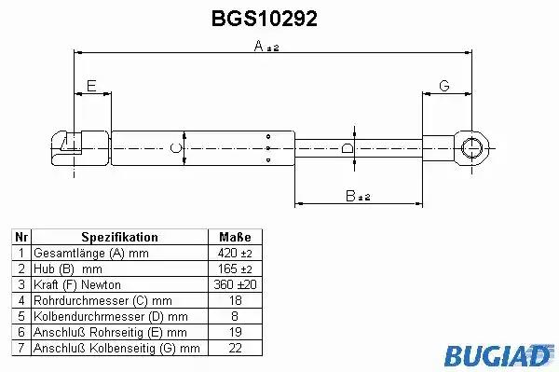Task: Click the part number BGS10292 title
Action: coord(265,19)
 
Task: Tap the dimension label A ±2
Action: coord(266,46)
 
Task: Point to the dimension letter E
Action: coord(91,86)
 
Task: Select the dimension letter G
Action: coord(444,86)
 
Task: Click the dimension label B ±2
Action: coord(358,196)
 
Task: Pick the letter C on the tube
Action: coord(176,147)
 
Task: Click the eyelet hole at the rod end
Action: coord(471,147)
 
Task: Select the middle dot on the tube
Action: coord(268,148)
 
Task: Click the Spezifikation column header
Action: coord(120,237)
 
